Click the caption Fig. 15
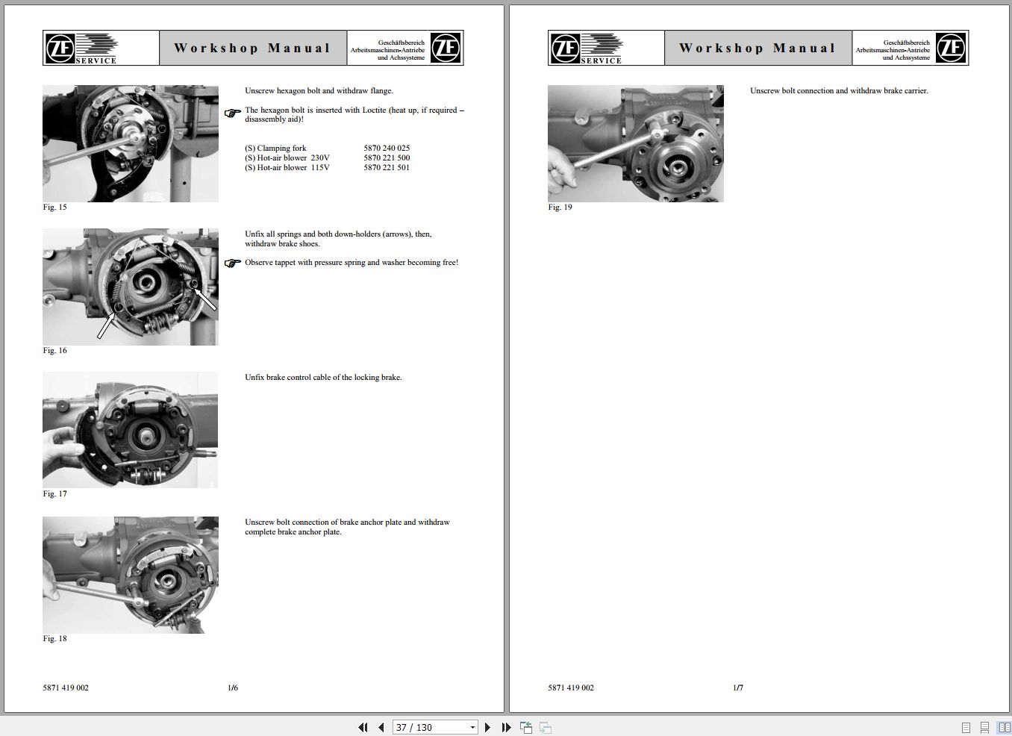(x=54, y=208)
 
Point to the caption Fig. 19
(x=560, y=208)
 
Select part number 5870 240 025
(x=387, y=149)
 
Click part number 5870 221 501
(x=387, y=168)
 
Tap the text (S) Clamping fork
(x=275, y=149)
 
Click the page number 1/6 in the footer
(x=233, y=688)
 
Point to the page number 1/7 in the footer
(x=738, y=688)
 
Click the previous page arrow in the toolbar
(x=381, y=727)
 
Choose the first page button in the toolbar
(x=363, y=727)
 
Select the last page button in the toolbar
(x=506, y=727)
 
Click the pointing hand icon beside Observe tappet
(x=233, y=263)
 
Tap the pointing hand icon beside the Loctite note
(x=233, y=113)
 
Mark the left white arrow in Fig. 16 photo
(x=107, y=325)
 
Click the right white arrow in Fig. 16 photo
(x=205, y=299)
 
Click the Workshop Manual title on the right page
(x=757, y=49)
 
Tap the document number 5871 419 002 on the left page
(x=66, y=688)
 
